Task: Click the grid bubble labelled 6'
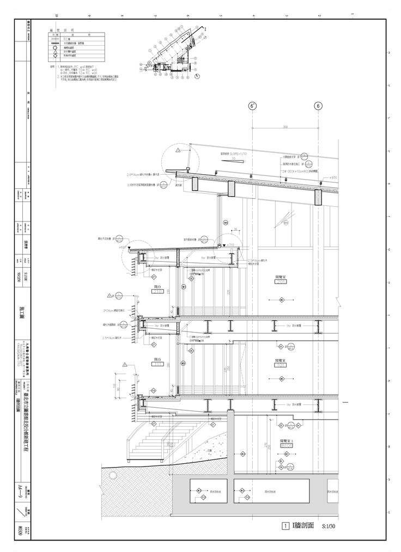252,107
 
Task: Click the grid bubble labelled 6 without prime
318,107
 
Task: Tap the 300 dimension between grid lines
284,127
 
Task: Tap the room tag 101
281,366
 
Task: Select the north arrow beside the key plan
195,77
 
